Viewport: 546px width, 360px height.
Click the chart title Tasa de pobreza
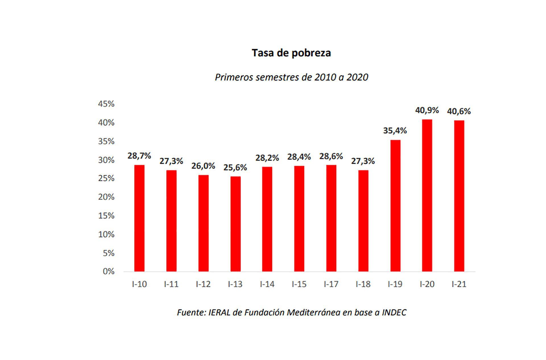tap(291, 53)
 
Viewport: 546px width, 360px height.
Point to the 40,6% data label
tap(459, 111)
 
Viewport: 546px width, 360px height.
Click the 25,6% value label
tap(235, 168)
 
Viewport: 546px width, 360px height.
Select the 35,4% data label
tap(395, 131)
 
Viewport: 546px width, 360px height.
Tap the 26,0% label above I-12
tap(203, 166)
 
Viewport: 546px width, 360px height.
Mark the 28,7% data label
tap(139, 156)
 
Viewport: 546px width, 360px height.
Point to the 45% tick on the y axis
tap(106, 104)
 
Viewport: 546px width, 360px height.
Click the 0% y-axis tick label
tap(108, 271)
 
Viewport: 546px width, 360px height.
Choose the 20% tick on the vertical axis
tap(106, 197)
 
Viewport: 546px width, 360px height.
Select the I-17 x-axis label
tap(331, 284)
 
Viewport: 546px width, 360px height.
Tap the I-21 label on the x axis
tap(459, 284)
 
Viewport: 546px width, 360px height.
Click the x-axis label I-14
tap(267, 284)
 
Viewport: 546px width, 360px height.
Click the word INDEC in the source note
tap(394, 312)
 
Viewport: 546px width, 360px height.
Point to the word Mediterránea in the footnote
tap(313, 312)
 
